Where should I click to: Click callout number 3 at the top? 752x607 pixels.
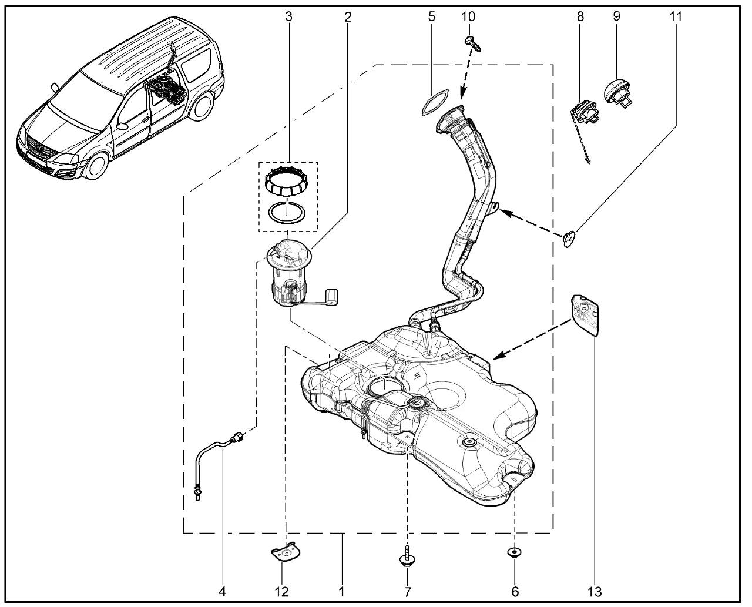click(288, 16)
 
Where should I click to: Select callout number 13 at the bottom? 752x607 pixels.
click(597, 590)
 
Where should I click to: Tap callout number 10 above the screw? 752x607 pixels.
click(468, 16)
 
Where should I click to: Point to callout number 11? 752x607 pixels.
click(676, 16)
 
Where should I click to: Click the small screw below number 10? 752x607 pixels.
click(474, 42)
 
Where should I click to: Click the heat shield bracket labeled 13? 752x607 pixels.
click(586, 315)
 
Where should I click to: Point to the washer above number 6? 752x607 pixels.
click(515, 552)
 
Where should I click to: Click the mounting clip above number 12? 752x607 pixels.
click(284, 554)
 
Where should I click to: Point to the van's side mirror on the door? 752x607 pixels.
click(122, 125)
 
